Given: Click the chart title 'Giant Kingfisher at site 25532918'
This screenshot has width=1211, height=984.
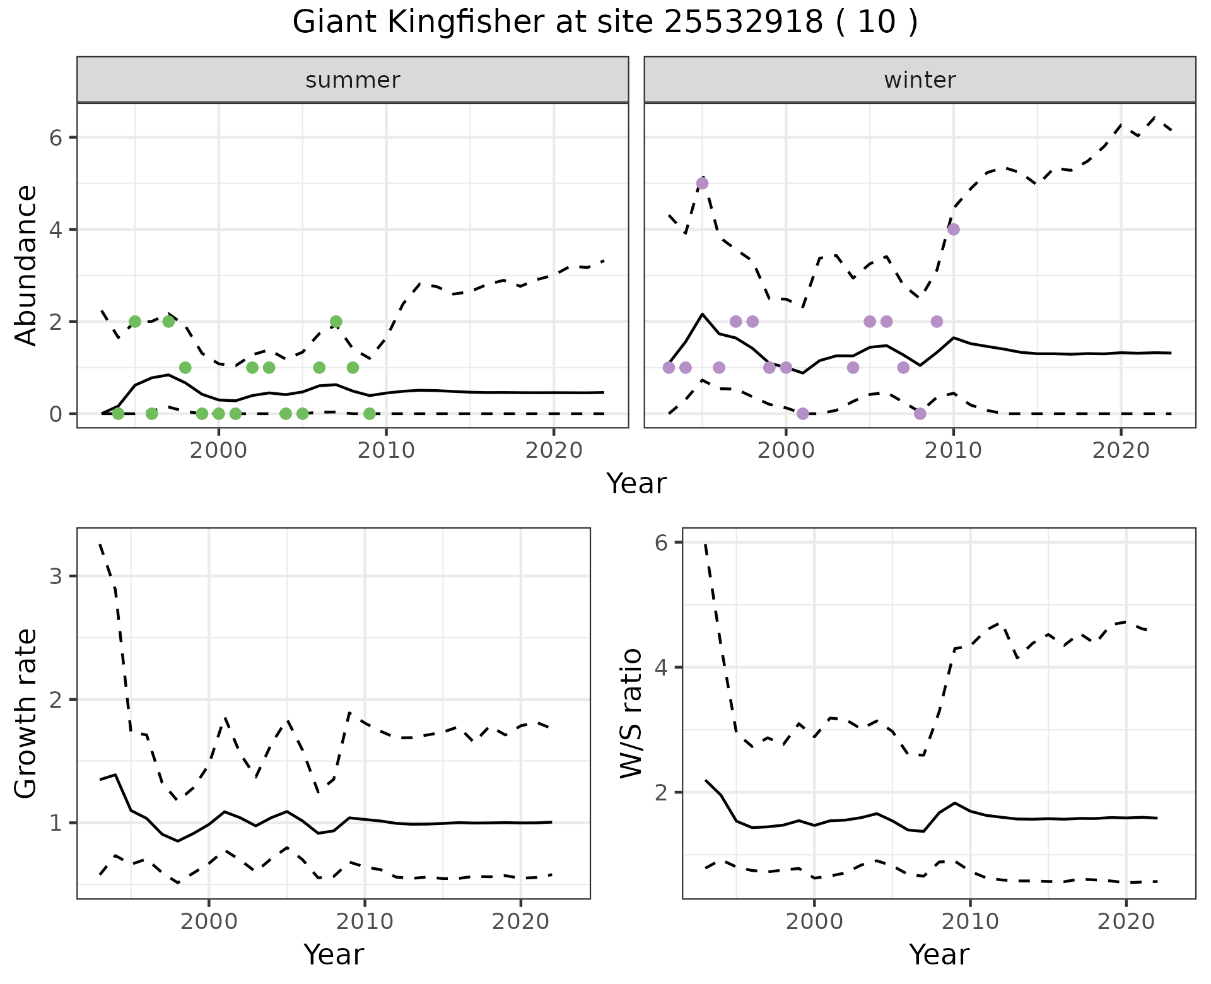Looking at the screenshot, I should click(x=604, y=23).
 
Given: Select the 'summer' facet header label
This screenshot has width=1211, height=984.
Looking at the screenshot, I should click(x=353, y=80).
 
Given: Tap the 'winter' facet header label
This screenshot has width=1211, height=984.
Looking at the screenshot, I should click(x=920, y=80).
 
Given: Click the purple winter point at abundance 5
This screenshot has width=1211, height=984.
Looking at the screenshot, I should click(x=702, y=184).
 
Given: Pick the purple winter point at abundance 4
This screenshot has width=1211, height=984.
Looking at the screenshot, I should click(x=953, y=230).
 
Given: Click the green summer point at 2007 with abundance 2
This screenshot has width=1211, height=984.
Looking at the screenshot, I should click(x=336, y=322).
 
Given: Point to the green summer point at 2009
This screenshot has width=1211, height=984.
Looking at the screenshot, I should click(x=370, y=414).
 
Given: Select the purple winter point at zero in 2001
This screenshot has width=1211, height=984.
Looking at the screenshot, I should click(x=802, y=414).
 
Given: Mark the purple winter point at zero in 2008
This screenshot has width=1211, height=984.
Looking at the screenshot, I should click(x=920, y=414).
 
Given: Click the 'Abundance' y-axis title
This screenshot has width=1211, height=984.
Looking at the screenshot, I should click(x=26, y=265).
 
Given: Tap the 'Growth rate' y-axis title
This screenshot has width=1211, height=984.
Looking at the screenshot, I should click(x=26, y=713).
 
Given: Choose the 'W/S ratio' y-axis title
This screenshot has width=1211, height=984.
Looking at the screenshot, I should click(x=631, y=713).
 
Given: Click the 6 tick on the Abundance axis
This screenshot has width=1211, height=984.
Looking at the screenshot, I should click(x=56, y=138).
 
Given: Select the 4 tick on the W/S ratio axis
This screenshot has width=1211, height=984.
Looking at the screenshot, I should click(x=662, y=667).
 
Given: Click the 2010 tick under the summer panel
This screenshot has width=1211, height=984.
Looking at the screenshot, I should click(x=386, y=451).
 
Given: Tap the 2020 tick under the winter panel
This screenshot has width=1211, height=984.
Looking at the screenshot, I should click(x=1121, y=451).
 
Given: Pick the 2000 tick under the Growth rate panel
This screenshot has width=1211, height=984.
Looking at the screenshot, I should click(x=209, y=922).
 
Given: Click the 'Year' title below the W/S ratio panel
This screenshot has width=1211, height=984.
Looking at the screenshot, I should click(x=939, y=954).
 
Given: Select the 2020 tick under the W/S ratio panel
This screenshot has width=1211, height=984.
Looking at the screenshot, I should click(x=1126, y=922).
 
